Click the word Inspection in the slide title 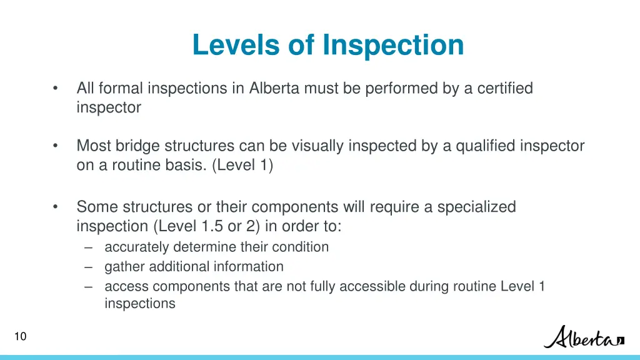point(393,45)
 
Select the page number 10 point(20,337)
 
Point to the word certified point(505,89)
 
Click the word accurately point(137,247)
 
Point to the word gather point(123,267)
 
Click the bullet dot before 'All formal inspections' point(56,89)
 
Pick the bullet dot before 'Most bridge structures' point(56,146)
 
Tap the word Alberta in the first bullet point(274,89)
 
